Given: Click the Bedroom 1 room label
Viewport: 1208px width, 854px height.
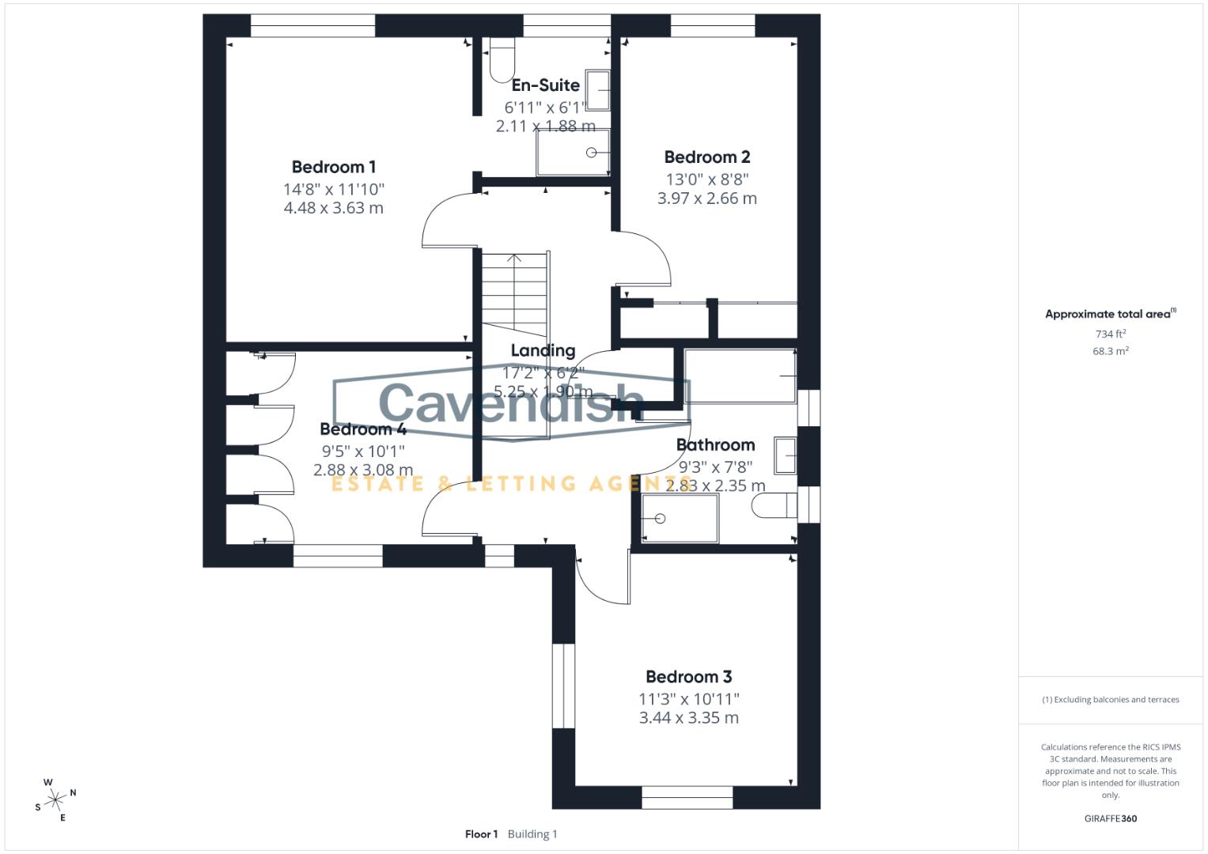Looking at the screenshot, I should pos(333,167).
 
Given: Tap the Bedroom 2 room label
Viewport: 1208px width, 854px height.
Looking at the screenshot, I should pos(706,157).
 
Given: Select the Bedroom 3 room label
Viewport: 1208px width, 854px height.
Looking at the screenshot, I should pos(688,677).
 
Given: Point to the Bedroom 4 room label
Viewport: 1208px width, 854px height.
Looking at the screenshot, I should pos(362,429).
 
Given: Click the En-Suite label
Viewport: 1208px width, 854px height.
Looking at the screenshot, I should pos(545,85).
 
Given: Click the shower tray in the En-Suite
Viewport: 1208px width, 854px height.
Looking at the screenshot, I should pos(573,153).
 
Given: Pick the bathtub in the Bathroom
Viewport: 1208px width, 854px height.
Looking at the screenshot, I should pos(740,376).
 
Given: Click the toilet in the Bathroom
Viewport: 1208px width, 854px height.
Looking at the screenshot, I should pos(775,504).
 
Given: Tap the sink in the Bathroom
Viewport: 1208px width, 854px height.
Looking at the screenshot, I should pos(786,455).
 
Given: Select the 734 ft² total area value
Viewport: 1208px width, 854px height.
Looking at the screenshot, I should pos(1110,334).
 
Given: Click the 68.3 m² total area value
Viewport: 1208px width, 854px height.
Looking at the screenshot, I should pos(1110,351).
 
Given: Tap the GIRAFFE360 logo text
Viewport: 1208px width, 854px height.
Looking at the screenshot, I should pos(1110,818).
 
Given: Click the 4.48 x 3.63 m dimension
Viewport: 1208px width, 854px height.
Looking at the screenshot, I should pos(333,208).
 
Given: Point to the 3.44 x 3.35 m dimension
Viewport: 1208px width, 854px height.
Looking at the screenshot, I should pos(688,718).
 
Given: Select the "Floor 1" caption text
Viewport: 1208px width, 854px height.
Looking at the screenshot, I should pos(481,834).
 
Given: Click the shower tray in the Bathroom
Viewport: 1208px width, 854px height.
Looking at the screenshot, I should pos(680,519).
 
